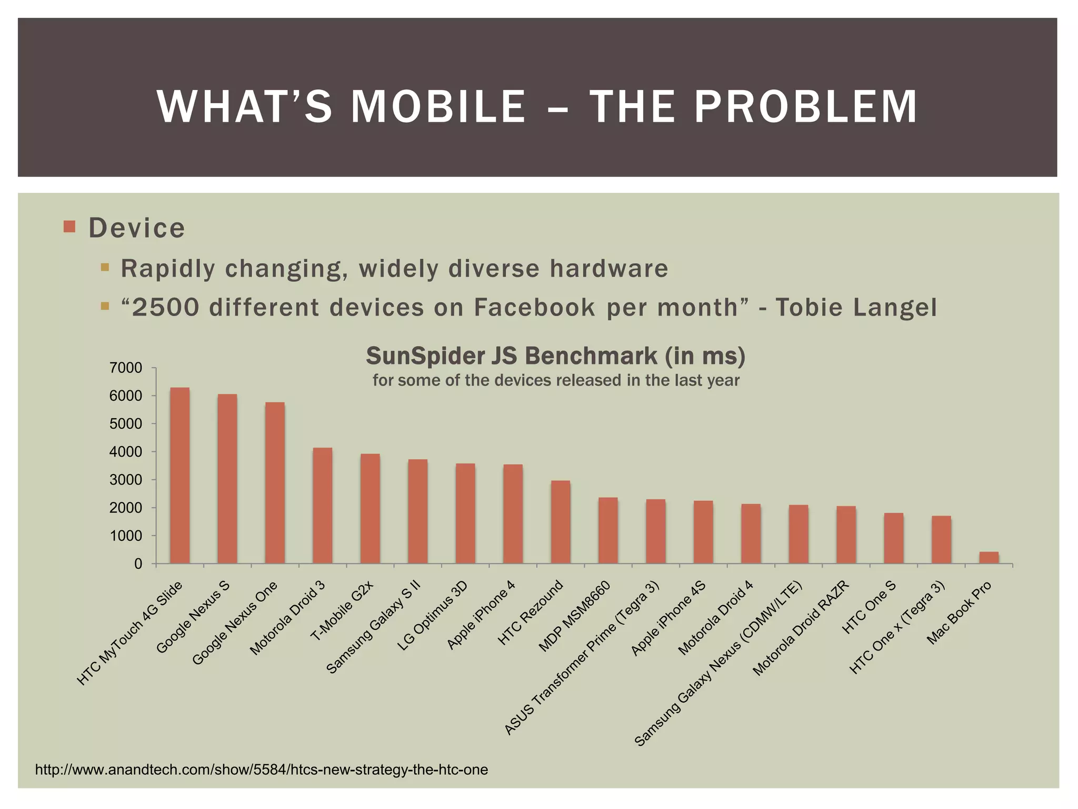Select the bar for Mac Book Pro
[989, 558]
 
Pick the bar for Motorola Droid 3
[322, 506]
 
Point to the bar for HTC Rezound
[560, 522]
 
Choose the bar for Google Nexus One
[275, 483]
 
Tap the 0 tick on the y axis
[138, 564]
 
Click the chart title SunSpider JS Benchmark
[555, 356]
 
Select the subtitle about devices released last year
[556, 380]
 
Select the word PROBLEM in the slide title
[806, 107]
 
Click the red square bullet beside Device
[69, 226]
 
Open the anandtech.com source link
[261, 769]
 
